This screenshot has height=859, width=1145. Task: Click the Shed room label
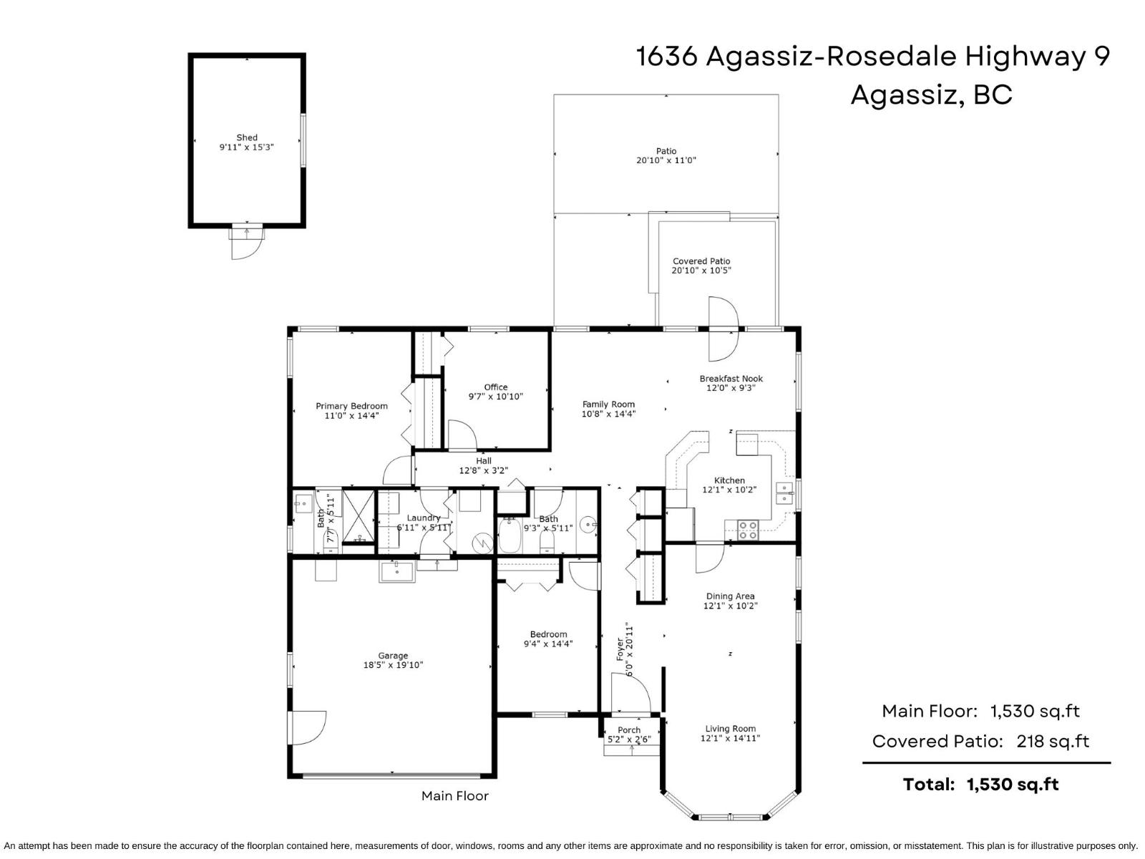(247, 137)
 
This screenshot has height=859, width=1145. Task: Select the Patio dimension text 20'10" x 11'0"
(666, 160)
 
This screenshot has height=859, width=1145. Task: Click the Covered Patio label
(701, 261)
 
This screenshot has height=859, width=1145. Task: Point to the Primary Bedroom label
(351, 406)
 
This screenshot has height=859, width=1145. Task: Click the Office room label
(495, 387)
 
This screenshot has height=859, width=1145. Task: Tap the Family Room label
(608, 404)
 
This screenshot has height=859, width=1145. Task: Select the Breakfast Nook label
(731, 379)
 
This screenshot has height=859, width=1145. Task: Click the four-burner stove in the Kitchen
(748, 530)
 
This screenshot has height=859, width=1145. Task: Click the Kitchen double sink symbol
(784, 493)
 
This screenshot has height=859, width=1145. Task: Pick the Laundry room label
(423, 518)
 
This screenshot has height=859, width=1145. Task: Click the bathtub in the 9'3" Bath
(510, 537)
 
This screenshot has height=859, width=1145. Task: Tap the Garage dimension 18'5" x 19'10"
(393, 665)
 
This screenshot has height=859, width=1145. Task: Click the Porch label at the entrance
(629, 730)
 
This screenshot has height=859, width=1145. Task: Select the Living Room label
(729, 729)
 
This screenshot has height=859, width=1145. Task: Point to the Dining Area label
(730, 596)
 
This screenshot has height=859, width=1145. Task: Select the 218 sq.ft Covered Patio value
(1052, 741)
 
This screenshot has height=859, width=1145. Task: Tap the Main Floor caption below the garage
(454, 795)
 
